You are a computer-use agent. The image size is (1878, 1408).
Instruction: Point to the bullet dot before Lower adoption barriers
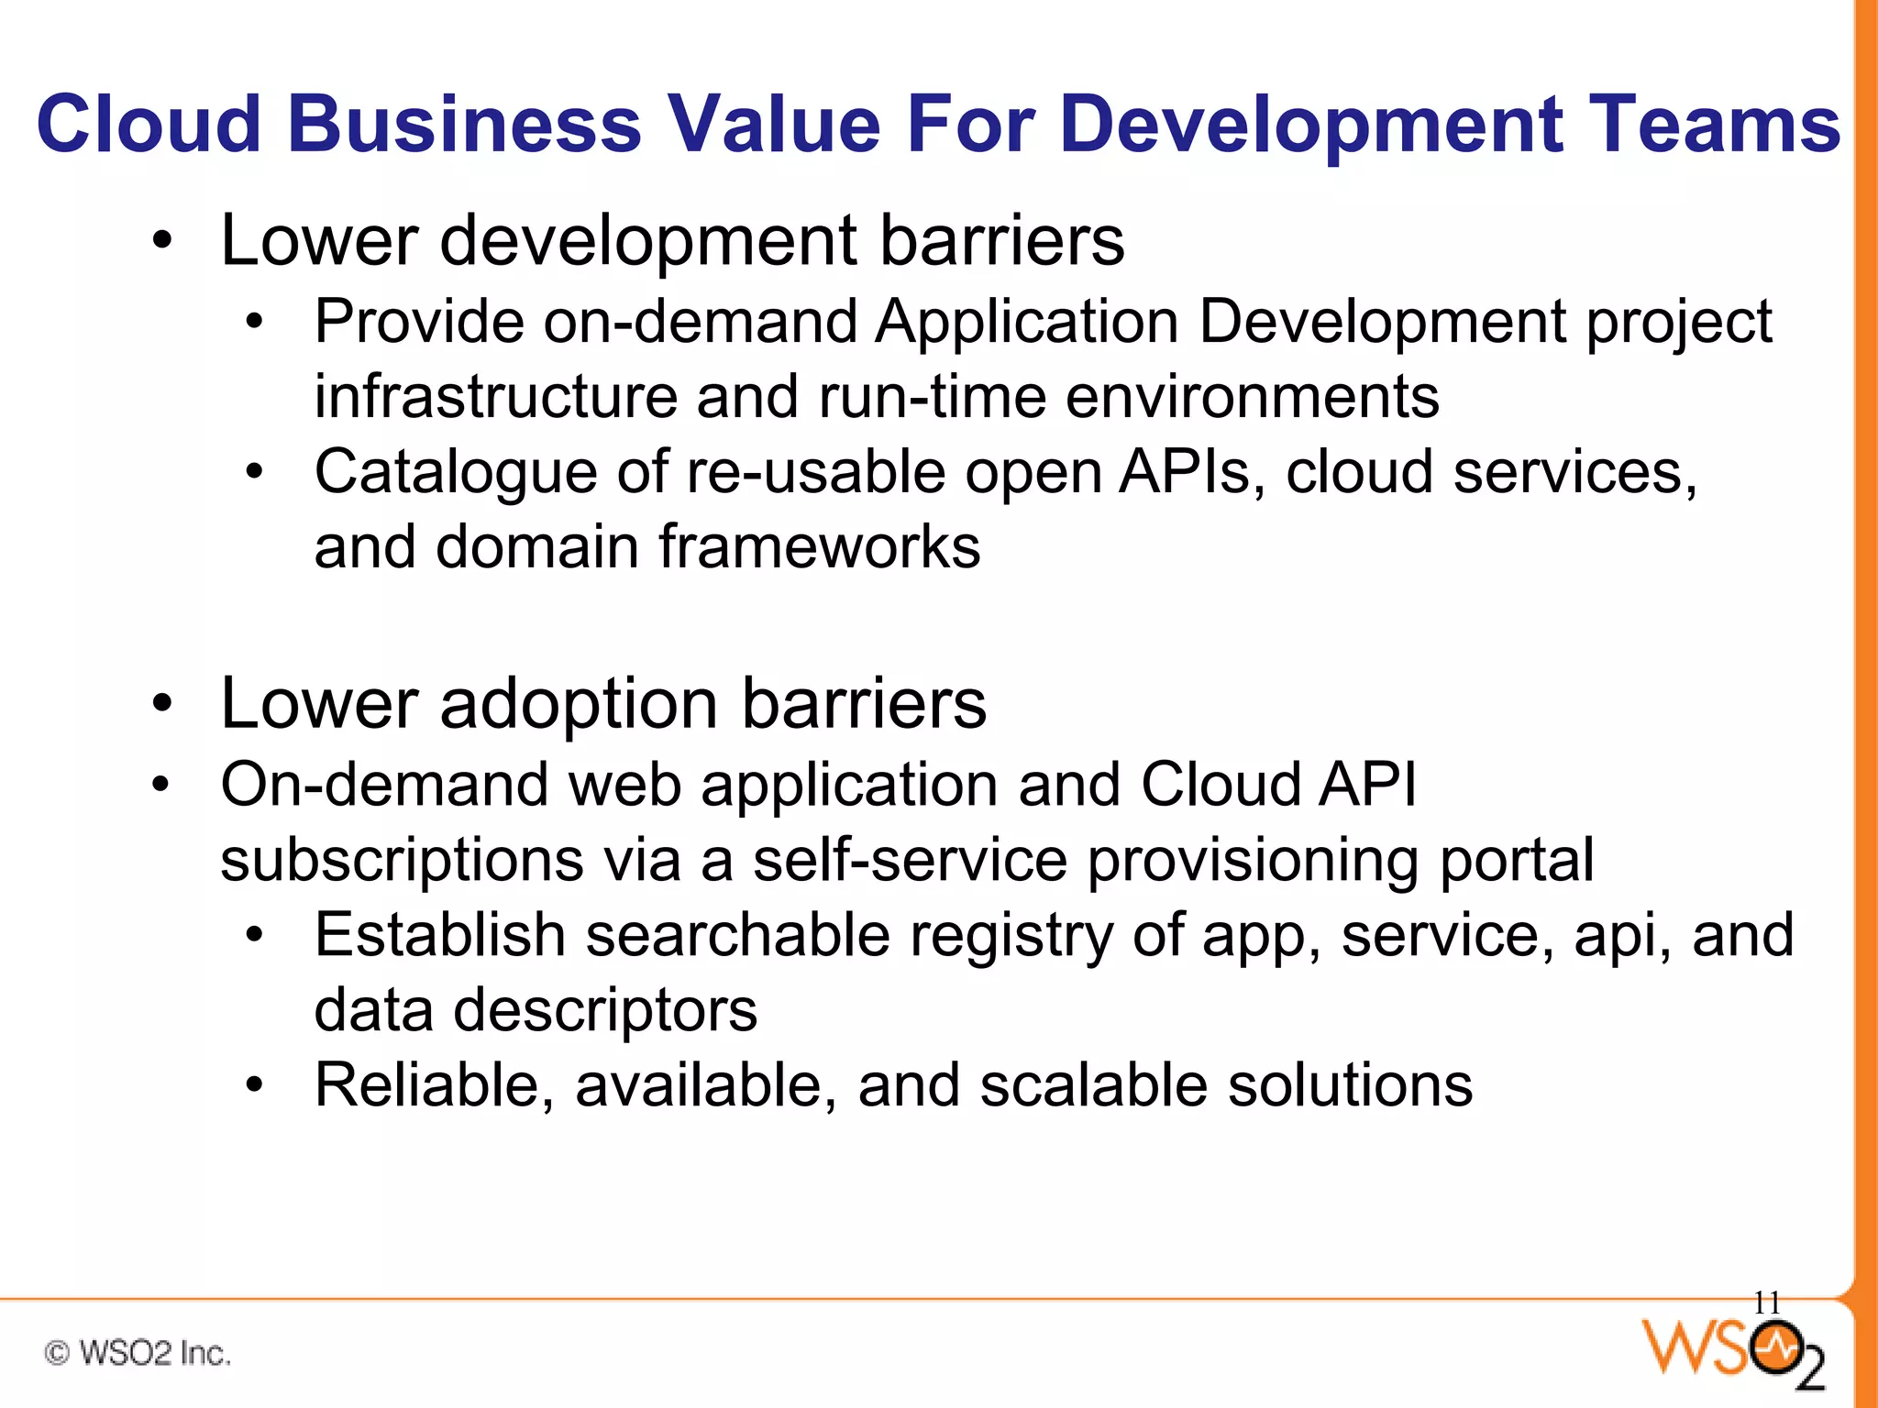[162, 704]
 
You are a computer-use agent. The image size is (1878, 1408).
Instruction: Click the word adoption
[579, 704]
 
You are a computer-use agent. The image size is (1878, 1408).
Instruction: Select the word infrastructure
[494, 397]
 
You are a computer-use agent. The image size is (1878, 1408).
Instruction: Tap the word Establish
[439, 936]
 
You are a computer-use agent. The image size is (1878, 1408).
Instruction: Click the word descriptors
[604, 1011]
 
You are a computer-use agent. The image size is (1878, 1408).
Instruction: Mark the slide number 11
[1766, 1303]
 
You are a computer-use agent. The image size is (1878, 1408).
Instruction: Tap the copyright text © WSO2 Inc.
[138, 1353]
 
